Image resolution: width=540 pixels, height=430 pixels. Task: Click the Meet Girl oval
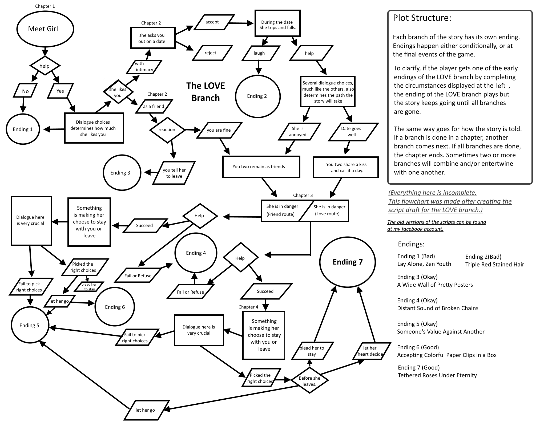click(45, 29)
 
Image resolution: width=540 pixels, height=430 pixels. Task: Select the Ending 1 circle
click(23, 129)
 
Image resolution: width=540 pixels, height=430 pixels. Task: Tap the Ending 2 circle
click(257, 96)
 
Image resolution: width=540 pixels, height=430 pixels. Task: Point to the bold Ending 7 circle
click(348, 262)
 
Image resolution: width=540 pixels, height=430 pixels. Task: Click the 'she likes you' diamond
click(118, 92)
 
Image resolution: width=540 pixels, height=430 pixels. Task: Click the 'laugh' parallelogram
click(260, 53)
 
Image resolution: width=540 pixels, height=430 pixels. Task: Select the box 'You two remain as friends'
click(261, 167)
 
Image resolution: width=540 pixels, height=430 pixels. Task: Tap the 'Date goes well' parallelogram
click(353, 132)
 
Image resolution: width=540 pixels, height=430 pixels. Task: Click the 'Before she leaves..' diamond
click(309, 380)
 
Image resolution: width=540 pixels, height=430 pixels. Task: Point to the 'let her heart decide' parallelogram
click(371, 351)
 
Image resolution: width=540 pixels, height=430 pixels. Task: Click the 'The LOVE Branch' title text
click(205, 92)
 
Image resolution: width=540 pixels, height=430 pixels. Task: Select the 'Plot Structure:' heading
click(422, 18)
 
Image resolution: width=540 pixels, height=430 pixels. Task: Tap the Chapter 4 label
click(248, 307)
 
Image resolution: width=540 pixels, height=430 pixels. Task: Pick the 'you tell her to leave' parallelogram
click(174, 173)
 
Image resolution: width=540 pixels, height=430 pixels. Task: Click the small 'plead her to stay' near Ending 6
click(89, 287)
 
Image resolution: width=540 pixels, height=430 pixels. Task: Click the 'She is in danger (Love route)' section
click(329, 210)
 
